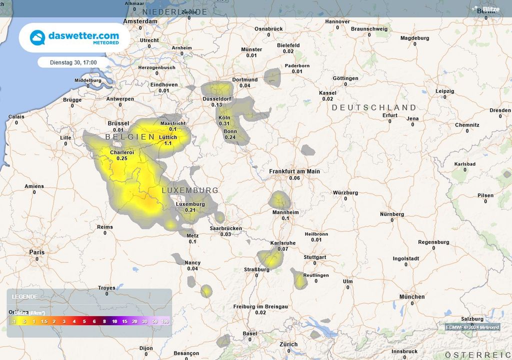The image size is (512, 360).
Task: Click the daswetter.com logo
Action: click(x=74, y=37)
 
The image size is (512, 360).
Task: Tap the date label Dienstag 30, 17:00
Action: click(x=73, y=62)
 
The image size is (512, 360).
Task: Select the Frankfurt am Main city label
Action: click(x=294, y=171)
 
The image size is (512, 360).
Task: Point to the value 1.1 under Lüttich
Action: click(x=168, y=143)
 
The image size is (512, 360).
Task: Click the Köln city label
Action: click(x=224, y=117)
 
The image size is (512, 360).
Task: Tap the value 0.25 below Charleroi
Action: click(x=122, y=158)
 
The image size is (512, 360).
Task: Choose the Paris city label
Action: click(x=36, y=252)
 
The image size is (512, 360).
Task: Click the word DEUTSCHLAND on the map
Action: click(x=373, y=107)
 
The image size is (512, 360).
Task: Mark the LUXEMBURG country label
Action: click(x=190, y=190)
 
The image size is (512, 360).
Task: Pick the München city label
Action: click(x=411, y=296)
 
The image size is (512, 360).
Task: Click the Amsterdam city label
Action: click(x=140, y=21)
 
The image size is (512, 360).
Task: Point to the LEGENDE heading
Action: click(x=24, y=296)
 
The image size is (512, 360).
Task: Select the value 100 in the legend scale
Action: click(x=165, y=321)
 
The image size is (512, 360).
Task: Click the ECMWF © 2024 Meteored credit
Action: click(x=472, y=327)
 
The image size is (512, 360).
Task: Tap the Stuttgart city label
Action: click(x=315, y=257)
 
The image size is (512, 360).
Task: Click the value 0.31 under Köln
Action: click(x=224, y=123)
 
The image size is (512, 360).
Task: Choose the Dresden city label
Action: click(x=500, y=110)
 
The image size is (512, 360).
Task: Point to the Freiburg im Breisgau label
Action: click(x=260, y=306)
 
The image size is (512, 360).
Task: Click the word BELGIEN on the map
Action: click(x=130, y=136)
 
